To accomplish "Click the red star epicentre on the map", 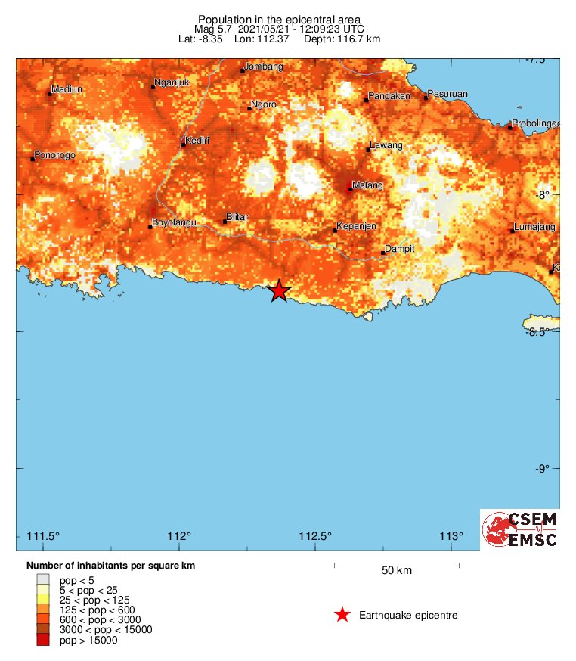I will coord(280,290).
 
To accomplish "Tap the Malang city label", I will coord(367,185).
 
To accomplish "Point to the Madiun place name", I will coord(67,90).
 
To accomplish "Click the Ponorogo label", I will coord(54,156).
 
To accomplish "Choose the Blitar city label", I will coord(237,217).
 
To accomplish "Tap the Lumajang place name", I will coord(534,227).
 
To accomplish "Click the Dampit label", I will coord(401,248).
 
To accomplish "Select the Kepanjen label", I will coord(356,226).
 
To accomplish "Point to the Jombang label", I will coord(265,67).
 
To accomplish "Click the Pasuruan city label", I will coord(448,94).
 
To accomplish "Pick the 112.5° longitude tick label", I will coord(315,537).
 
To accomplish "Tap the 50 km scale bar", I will coord(396,564).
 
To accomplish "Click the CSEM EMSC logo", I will coord(520,529).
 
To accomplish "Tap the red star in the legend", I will coord(342,615).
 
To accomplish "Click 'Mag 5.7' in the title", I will coord(215,29).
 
